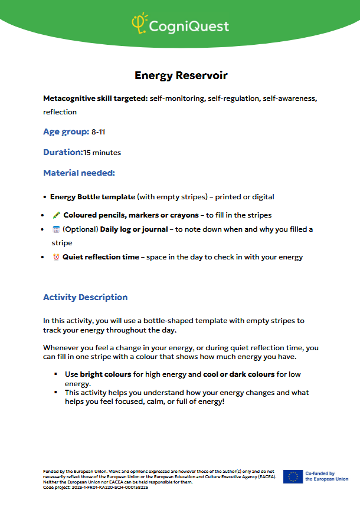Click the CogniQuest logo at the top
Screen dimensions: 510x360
tap(180, 25)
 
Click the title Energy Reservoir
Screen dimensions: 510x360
tap(181, 75)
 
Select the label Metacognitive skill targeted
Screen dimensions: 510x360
tap(95, 98)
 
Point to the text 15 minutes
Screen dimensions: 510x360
tap(102, 153)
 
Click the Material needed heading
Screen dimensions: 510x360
tap(78, 173)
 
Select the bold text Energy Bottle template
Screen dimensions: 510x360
tap(93, 197)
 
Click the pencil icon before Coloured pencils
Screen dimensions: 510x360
tap(56, 215)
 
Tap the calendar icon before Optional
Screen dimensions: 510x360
tap(56, 229)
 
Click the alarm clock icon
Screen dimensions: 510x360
tap(56, 257)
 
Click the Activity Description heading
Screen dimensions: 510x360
tap(85, 297)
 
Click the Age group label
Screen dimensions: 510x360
tap(66, 132)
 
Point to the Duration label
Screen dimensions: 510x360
tap(63, 153)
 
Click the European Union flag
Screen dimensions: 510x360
tap(293, 476)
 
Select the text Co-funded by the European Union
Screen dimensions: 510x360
tap(326, 476)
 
